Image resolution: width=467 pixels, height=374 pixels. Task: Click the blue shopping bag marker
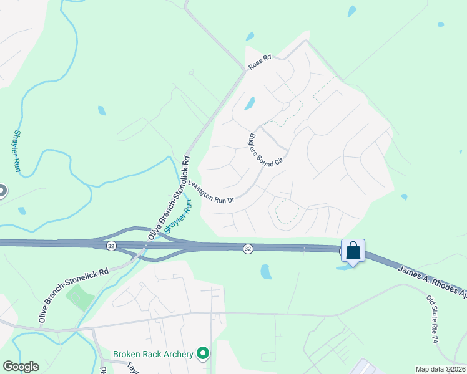click(353, 251)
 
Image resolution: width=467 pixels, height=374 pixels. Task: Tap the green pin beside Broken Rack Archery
click(203, 354)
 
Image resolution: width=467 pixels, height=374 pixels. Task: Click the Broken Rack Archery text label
click(154, 354)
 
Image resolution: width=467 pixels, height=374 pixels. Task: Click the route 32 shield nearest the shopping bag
click(248, 249)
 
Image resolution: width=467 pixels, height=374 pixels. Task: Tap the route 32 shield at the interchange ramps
click(111, 245)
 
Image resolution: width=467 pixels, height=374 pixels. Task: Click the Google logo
click(21, 367)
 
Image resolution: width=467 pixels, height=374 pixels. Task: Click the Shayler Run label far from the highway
click(17, 151)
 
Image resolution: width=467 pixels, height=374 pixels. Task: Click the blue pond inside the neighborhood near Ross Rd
click(250, 103)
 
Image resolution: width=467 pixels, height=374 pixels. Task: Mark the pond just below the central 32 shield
click(266, 271)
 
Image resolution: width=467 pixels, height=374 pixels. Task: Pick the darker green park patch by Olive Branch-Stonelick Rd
click(79, 298)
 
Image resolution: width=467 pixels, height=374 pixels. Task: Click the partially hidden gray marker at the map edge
click(2, 191)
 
